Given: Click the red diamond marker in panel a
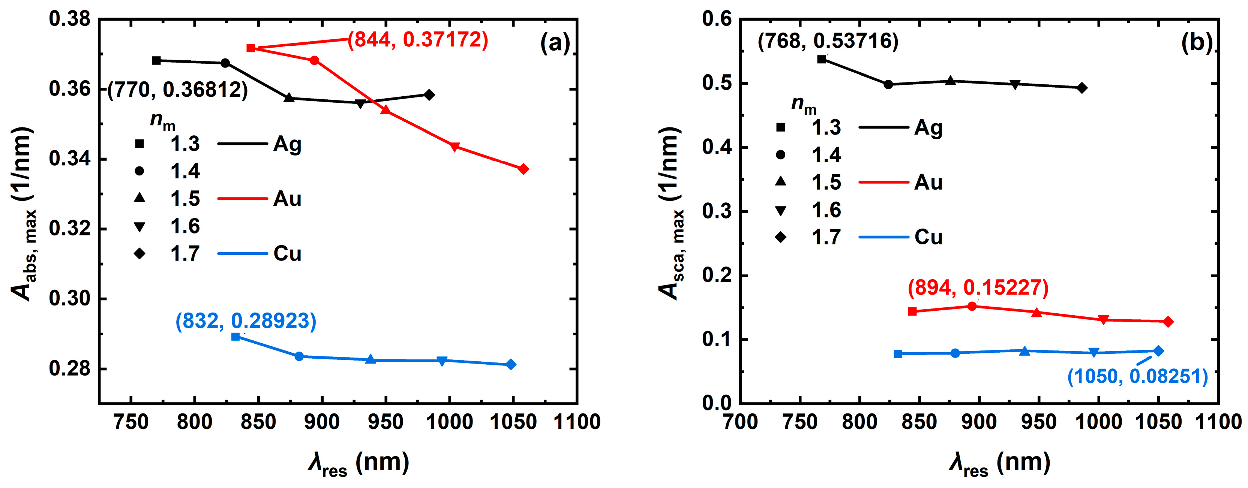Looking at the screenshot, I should (523, 169).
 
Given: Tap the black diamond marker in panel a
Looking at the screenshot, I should (429, 95).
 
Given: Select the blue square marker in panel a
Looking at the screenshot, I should (235, 337).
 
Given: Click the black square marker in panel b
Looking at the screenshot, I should (822, 59).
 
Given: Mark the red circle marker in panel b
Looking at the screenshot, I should (972, 306).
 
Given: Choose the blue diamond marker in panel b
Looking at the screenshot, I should (1158, 351).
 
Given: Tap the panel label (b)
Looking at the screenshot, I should (1197, 43).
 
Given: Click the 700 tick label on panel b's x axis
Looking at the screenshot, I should (740, 422).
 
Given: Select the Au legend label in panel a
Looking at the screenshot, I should (287, 199).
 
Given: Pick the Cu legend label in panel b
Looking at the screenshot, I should (928, 237).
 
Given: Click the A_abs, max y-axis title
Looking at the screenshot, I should (23, 213).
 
